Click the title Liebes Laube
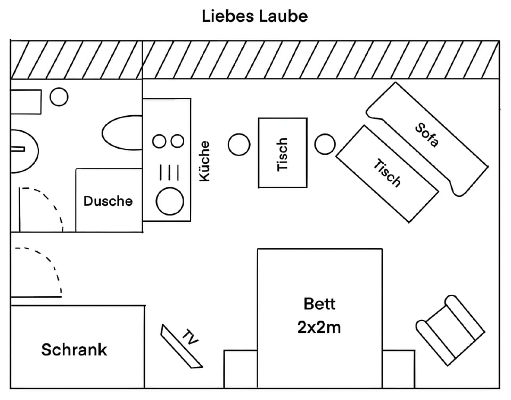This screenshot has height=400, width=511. [x=254, y=16]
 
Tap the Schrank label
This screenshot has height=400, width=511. [x=74, y=349]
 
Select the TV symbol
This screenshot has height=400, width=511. [x=182, y=346]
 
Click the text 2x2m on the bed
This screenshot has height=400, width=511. [x=319, y=326]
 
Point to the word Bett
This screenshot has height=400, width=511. [x=319, y=303]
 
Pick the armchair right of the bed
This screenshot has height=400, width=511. [x=450, y=331]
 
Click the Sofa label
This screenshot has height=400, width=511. [x=427, y=135]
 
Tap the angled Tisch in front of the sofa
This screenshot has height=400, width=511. [x=387, y=173]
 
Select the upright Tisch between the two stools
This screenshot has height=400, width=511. [x=283, y=153]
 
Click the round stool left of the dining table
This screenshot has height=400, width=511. [x=239, y=144]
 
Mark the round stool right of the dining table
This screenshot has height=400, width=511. [x=325, y=144]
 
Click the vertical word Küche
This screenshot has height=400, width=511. [x=204, y=161]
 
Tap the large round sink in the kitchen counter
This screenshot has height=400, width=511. [x=170, y=202]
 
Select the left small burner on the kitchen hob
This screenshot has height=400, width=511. [x=159, y=141]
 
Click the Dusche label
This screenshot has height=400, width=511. [x=108, y=201]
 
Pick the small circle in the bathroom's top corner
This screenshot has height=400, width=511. [x=59, y=97]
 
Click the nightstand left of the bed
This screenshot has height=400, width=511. [x=241, y=369]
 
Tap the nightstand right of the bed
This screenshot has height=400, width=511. [x=398, y=369]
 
